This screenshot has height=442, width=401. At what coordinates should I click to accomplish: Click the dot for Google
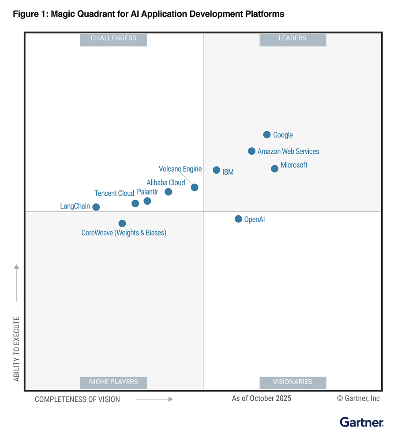tap(267, 135)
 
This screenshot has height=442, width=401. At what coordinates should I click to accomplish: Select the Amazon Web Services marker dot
tap(251, 151)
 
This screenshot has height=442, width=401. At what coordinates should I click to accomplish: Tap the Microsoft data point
tap(274, 168)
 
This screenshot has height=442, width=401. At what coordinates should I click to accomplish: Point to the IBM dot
tap(216, 170)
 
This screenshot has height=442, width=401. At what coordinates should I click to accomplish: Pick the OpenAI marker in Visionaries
tap(238, 219)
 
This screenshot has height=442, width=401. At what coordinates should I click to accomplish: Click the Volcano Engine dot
tap(194, 187)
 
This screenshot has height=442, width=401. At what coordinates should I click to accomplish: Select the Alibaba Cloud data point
tap(168, 192)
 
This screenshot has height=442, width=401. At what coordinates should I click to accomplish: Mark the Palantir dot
tap(147, 201)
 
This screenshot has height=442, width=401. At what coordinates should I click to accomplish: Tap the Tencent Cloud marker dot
tap(135, 203)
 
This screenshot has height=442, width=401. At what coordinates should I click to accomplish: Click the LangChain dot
tap(96, 207)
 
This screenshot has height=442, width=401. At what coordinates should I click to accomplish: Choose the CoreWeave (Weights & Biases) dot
tap(122, 224)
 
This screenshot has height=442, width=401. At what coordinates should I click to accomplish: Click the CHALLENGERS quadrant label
tap(113, 39)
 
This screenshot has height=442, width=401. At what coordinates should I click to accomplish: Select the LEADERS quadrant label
tap(292, 39)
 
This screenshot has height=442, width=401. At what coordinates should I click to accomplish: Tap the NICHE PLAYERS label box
tap(113, 382)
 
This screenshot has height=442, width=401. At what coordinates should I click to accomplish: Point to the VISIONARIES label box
tap(292, 382)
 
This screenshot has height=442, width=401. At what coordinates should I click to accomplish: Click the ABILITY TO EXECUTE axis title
tap(16, 349)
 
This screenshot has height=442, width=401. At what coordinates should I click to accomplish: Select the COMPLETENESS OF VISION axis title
tap(77, 400)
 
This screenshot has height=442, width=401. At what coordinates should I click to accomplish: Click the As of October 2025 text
tap(262, 399)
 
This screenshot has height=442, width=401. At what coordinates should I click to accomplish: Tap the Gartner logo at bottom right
tap(361, 422)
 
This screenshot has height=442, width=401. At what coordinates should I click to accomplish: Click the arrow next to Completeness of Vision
tap(154, 399)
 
